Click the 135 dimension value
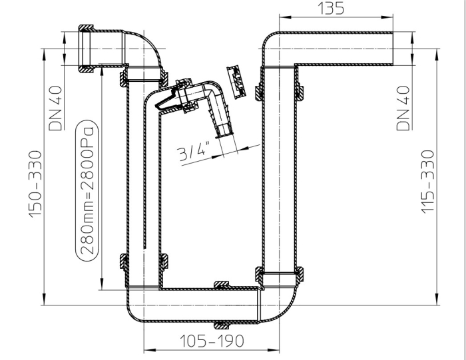tap(331, 8)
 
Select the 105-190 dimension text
tap(212, 341)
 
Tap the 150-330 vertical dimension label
tap(35, 184)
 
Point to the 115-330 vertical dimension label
tap(428, 182)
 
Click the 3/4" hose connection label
tap(194, 152)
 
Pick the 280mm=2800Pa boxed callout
tap(87, 190)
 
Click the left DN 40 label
tap(55, 108)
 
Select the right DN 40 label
tap(403, 108)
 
